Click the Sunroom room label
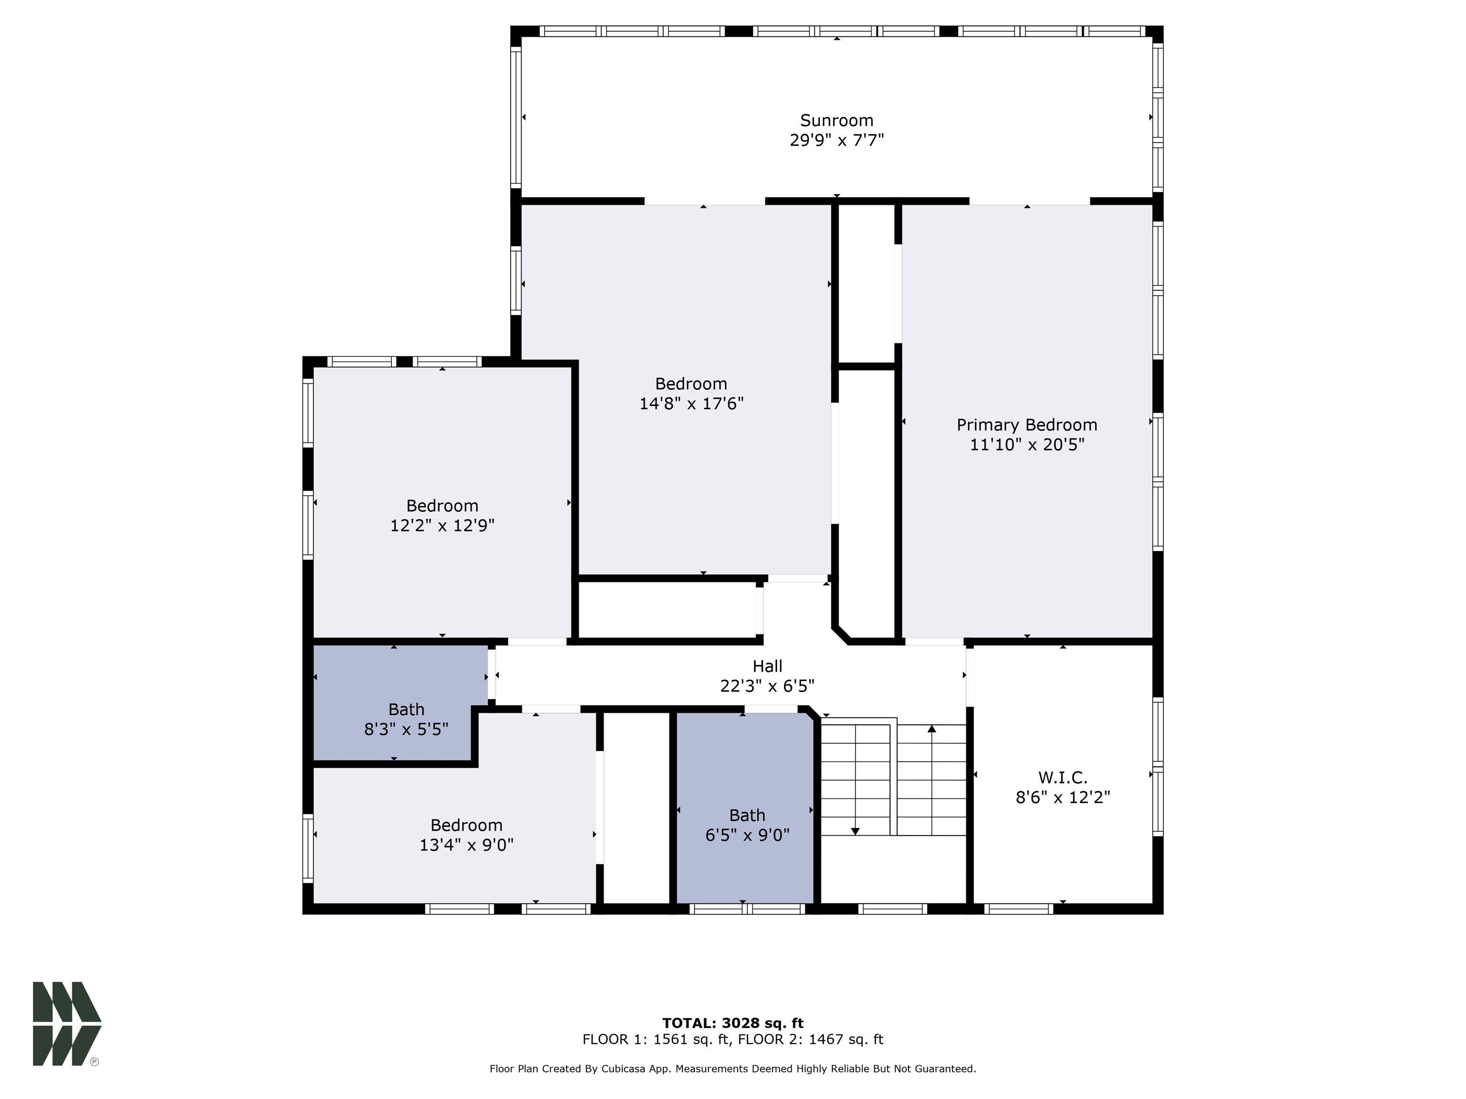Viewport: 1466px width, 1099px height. point(837,121)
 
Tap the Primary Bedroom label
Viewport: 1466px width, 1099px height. point(1026,425)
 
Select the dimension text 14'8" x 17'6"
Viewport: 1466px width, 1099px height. point(691,404)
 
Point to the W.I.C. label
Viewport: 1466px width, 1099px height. point(1062,777)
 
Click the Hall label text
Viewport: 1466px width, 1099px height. point(767,666)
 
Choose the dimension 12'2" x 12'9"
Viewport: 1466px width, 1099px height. point(442,525)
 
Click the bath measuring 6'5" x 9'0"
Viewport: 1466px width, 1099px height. point(747,825)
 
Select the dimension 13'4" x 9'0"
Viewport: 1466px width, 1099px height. point(467,845)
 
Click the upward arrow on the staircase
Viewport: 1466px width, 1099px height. point(932,729)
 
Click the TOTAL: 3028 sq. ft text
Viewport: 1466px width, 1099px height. point(733,1023)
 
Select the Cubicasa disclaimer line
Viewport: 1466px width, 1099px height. point(733,1068)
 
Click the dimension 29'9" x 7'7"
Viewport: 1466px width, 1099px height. point(837,140)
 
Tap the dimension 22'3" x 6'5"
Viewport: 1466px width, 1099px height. point(767,685)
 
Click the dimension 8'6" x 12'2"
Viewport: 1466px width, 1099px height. point(1062,797)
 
